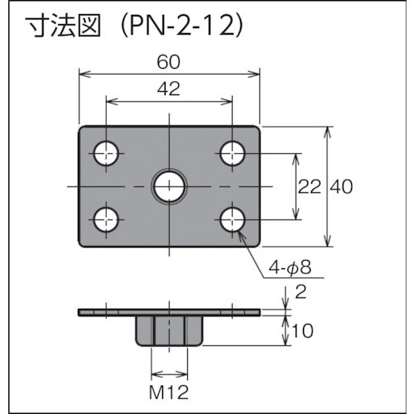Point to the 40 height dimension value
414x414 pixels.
341,187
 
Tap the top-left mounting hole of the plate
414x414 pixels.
106,152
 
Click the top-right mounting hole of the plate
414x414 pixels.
233,152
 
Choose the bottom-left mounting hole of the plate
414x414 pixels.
106,219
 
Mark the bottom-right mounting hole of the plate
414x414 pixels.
233,219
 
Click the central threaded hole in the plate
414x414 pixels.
170,186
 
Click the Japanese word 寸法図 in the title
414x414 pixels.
63,26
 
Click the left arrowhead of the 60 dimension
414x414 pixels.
83,74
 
